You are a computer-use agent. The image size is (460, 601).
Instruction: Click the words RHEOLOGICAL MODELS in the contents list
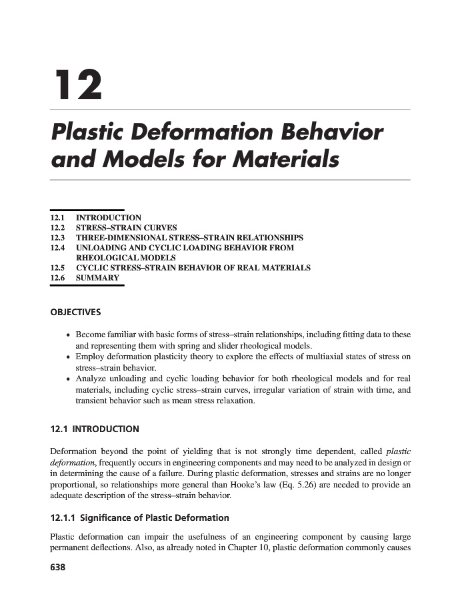tap(127, 258)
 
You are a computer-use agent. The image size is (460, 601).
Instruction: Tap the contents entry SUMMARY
tap(97, 278)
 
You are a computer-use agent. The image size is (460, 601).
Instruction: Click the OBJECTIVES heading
tap(76, 311)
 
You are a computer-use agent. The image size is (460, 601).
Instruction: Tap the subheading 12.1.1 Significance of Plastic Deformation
tap(140, 518)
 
